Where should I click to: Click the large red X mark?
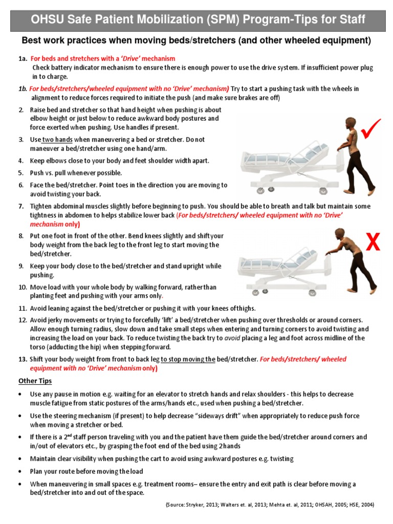(374, 242)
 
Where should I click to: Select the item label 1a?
(23, 59)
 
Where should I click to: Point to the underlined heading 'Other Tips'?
(35, 381)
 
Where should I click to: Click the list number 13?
(23, 359)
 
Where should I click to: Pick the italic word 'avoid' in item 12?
(233, 338)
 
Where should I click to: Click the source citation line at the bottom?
(270, 505)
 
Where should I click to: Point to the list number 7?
(21, 206)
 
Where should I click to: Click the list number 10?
(23, 287)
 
